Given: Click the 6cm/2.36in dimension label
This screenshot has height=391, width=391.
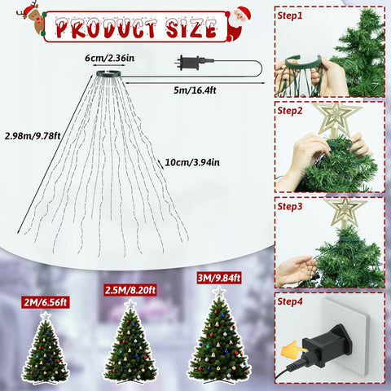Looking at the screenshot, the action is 109,58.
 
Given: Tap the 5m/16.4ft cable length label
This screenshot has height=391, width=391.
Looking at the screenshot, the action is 195,90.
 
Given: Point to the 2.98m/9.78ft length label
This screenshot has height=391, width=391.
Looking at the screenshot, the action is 33,135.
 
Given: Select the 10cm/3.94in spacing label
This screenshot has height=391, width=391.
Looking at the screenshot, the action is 192,162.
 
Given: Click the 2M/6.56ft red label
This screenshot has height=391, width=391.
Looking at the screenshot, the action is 46,302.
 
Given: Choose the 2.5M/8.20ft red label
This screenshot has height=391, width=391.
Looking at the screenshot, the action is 130,290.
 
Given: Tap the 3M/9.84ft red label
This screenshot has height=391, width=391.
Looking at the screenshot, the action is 219,278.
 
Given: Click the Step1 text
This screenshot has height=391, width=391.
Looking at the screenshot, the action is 290,15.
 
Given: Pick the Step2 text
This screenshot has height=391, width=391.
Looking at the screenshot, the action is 290,111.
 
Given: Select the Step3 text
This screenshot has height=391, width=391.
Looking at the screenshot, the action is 290,206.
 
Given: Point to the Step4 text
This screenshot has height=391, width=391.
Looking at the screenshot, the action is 290,301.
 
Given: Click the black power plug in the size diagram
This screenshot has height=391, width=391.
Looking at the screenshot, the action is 189,63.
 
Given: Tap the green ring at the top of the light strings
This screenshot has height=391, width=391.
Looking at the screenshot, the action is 108,73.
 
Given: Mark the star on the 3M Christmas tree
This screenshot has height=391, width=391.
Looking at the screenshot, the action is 219,292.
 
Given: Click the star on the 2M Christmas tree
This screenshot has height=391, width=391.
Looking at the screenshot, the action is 46,317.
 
